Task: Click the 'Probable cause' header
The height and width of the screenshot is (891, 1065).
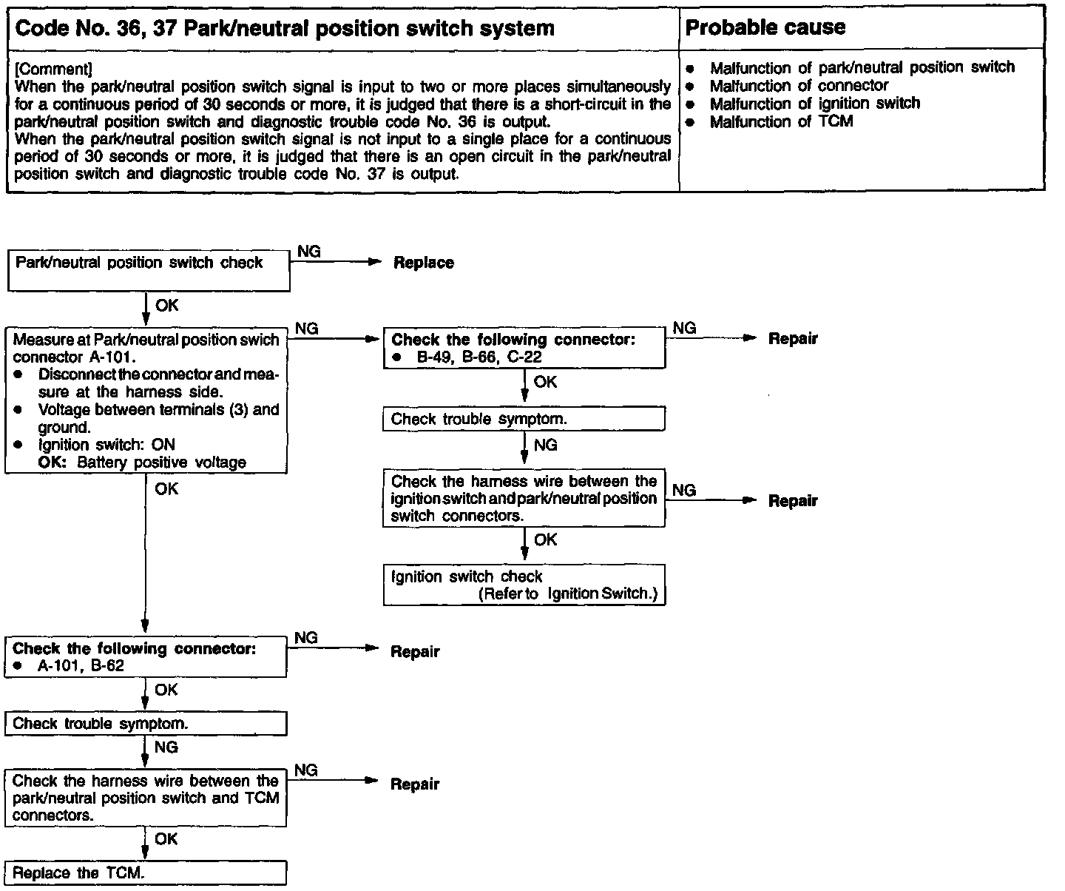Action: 765,28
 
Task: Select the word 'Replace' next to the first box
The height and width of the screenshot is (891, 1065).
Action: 423,263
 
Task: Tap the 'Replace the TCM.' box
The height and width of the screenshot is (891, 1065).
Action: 145,872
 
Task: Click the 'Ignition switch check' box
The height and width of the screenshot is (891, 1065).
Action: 524,585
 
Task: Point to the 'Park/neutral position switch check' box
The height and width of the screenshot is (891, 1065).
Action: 148,270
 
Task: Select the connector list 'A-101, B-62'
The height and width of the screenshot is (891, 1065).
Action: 81,665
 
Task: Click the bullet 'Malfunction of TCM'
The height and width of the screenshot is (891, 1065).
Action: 781,121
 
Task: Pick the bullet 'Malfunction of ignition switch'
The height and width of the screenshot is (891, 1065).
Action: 814,104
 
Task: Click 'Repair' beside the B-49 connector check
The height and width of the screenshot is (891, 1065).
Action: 793,339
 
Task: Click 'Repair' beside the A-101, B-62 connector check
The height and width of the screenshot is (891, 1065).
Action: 415,652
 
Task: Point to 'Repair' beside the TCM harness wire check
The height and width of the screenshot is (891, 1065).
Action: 415,784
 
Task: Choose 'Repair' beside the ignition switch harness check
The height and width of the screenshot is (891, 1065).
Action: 793,501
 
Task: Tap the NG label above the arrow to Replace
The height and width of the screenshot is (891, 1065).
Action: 308,252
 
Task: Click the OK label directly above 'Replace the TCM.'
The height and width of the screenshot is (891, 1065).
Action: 166,838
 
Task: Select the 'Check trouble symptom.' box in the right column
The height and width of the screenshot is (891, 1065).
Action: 524,420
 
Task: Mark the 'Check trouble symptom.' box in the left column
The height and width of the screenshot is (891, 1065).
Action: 145,724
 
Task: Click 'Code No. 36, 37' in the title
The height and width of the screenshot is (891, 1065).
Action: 85,29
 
